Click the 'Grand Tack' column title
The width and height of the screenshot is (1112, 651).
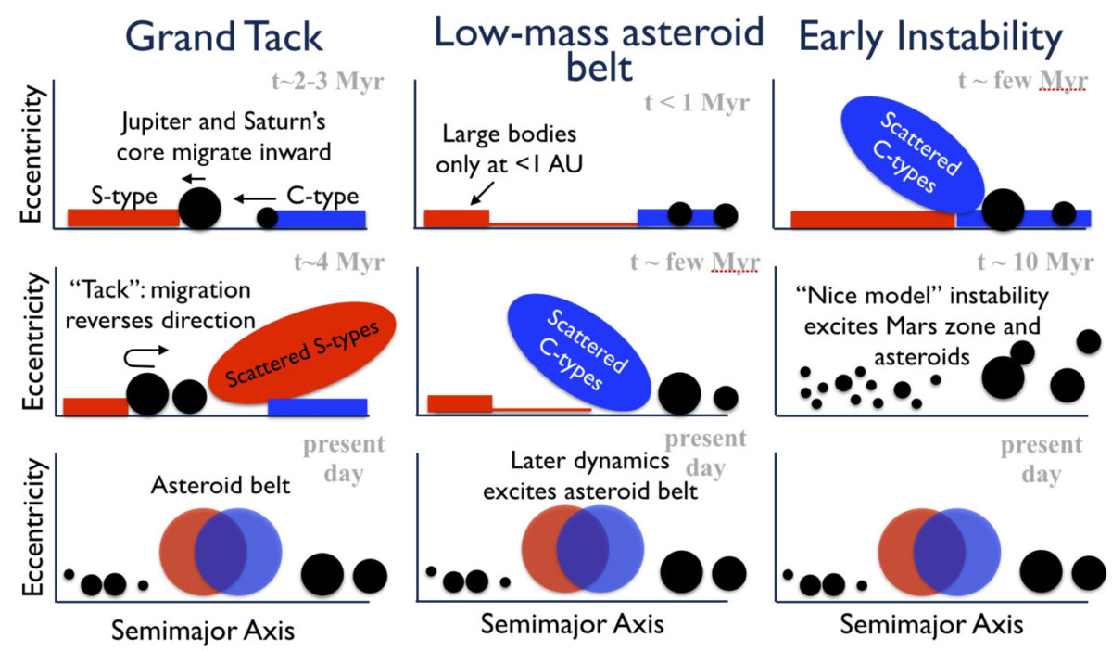point(224,37)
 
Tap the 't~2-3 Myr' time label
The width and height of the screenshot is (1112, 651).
point(328,81)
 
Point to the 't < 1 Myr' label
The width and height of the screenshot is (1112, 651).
point(697,102)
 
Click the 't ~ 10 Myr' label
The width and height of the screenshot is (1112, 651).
point(1036,262)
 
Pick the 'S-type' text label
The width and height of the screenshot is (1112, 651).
point(124,197)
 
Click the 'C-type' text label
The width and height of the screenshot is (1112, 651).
point(322,197)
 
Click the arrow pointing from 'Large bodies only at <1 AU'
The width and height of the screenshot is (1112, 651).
point(482,193)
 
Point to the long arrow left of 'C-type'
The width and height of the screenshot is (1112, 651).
point(255,198)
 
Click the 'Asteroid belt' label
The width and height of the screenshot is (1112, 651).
point(221,485)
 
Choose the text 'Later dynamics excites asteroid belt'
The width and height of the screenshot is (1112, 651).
point(590,476)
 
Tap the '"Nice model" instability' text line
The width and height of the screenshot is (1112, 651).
point(922,296)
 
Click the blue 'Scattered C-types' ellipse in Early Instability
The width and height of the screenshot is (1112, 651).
point(913,155)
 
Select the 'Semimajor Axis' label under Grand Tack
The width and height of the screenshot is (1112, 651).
point(203,631)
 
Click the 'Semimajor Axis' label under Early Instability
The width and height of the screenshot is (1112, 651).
point(931,624)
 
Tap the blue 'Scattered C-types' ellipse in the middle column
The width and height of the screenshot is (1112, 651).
point(579,352)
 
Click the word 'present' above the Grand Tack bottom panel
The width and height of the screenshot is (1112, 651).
point(344,445)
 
